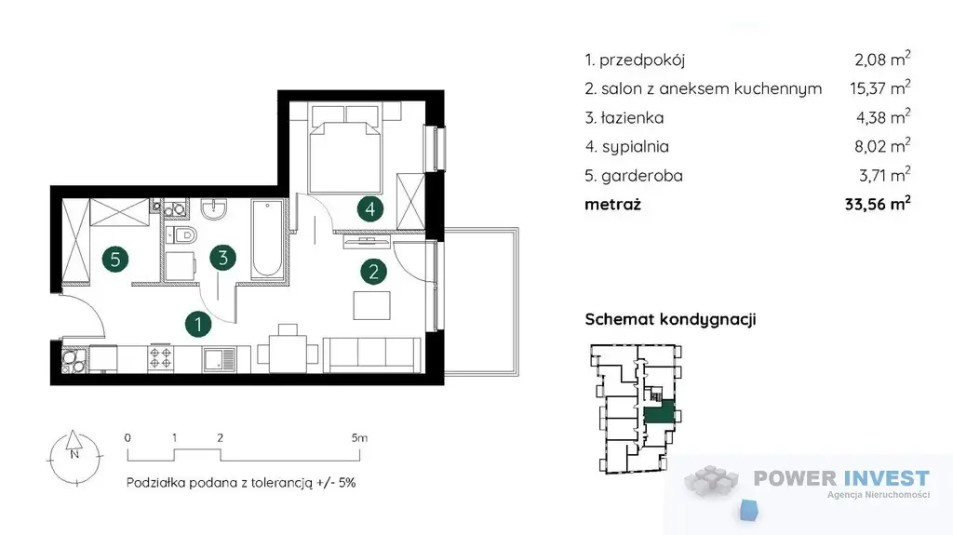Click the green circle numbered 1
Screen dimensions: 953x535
click(x=198, y=324)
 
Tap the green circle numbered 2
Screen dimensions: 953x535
click(x=374, y=271)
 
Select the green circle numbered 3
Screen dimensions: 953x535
click(x=223, y=258)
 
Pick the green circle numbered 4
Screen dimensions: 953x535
click(x=370, y=209)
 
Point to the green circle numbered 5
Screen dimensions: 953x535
click(x=115, y=260)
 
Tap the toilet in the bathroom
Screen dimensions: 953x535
click(x=181, y=234)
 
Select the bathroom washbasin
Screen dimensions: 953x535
click(x=213, y=209)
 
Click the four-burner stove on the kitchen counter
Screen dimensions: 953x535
click(x=160, y=358)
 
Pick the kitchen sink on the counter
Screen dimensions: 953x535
click(x=219, y=359)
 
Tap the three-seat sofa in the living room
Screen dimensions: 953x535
click(x=372, y=354)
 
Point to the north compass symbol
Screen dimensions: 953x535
click(x=74, y=458)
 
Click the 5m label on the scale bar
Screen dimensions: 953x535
click(x=359, y=437)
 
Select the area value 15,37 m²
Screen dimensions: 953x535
click(x=879, y=87)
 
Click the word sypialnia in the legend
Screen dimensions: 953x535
click(x=635, y=147)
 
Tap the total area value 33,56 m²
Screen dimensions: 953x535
click(x=878, y=204)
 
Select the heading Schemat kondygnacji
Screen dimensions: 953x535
click(x=670, y=320)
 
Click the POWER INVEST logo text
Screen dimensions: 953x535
click(x=841, y=478)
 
